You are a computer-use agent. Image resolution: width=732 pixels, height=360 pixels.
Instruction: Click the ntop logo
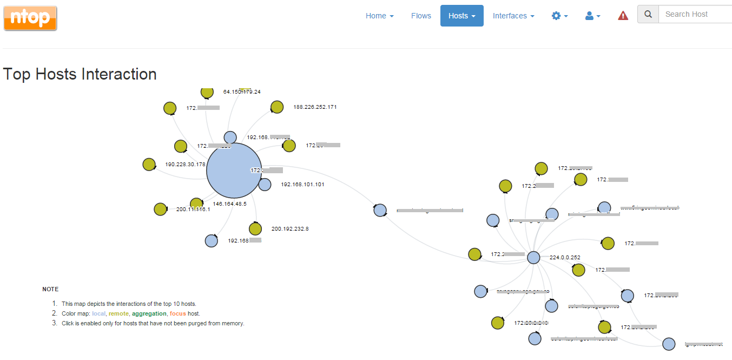tap(30, 18)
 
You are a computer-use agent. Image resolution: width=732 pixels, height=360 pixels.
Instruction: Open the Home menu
tap(379, 16)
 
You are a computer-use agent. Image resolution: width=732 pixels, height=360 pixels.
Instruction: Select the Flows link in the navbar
tap(421, 16)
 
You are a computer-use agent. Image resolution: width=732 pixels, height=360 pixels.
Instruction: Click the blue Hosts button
tap(461, 16)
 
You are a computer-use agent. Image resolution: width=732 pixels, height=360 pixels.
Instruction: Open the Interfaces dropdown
tap(513, 16)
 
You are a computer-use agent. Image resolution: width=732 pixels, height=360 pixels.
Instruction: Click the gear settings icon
tap(559, 16)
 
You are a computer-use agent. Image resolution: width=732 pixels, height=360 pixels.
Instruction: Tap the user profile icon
tap(592, 16)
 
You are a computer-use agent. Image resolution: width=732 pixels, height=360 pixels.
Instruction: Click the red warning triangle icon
tap(623, 16)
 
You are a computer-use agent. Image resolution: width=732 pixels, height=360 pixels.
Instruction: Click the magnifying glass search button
tap(648, 14)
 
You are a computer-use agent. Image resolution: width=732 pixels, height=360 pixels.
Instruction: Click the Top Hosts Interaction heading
tap(80, 74)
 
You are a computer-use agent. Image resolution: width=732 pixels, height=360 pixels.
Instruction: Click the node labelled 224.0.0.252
tap(533, 258)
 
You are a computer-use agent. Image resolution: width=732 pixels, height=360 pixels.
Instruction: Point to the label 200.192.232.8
tap(290, 229)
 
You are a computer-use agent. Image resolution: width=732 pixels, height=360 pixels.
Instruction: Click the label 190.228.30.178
tap(185, 165)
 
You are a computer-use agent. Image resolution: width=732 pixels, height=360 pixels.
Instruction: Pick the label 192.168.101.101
tap(302, 185)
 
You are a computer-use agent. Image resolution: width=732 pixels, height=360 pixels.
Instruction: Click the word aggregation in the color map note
tap(149, 313)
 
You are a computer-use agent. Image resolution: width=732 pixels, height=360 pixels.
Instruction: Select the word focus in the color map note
tap(177, 313)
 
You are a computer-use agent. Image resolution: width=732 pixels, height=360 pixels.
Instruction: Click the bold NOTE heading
tap(50, 289)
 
